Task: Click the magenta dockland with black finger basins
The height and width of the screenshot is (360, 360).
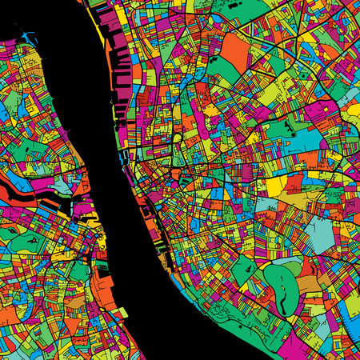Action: click(120, 72)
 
